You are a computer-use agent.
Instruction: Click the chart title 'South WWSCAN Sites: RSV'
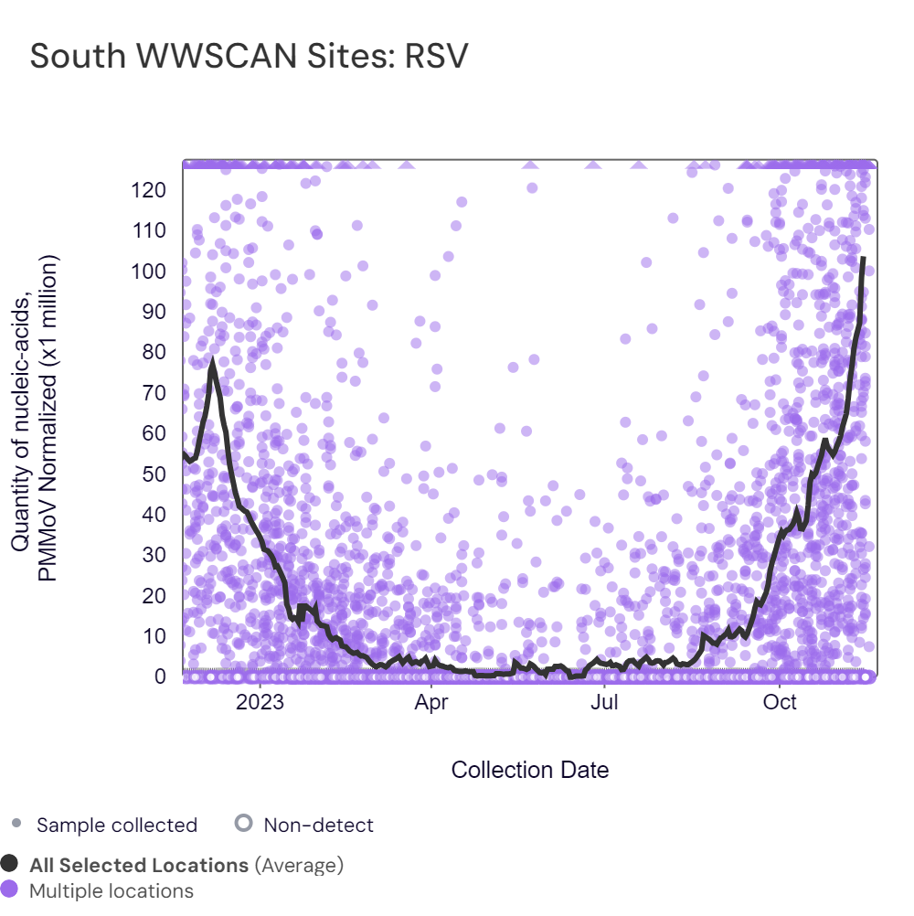click(x=249, y=57)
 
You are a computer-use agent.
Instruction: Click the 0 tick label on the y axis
click(x=160, y=676)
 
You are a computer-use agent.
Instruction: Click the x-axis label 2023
click(x=260, y=703)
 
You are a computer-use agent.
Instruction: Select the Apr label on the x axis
click(x=431, y=703)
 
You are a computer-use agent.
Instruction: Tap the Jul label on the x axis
click(x=604, y=703)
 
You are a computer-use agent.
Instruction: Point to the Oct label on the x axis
click(x=779, y=703)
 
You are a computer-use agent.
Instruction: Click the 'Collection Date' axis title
click(x=530, y=770)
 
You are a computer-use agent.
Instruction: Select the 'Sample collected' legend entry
click(x=116, y=825)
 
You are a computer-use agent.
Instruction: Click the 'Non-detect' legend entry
click(x=318, y=825)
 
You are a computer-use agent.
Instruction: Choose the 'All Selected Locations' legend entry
click(x=139, y=865)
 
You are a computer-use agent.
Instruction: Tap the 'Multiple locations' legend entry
click(x=112, y=890)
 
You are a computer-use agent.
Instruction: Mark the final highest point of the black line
click(x=864, y=258)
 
